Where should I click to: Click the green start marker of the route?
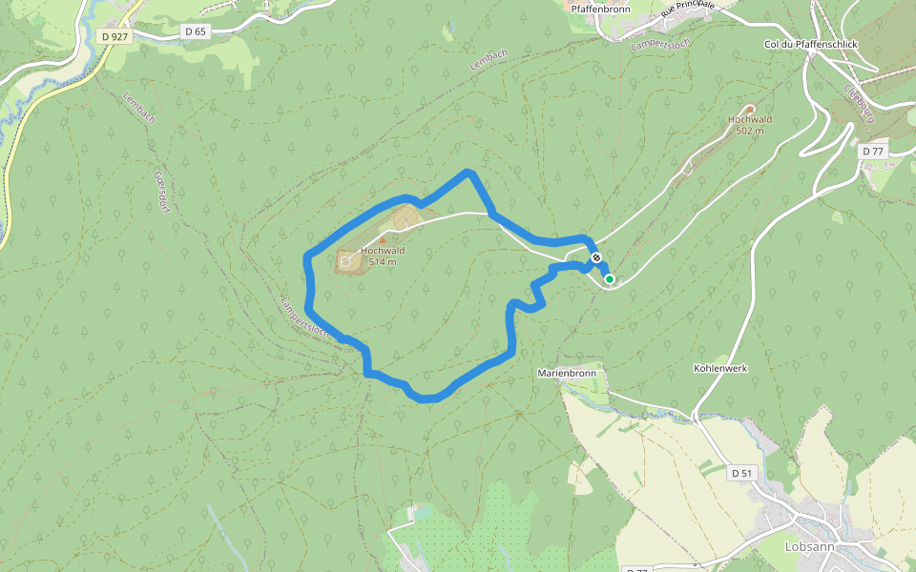pos(609,279)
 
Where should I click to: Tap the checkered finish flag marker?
pos(596,257)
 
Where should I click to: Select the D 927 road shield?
pos(114,36)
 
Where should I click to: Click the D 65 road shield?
pos(195,31)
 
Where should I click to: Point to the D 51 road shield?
pos(742,473)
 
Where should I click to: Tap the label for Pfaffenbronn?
pos(601,9)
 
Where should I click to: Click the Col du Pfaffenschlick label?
pos(811,45)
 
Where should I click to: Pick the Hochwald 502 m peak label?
pos(749,125)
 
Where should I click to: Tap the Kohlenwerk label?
pos(719,367)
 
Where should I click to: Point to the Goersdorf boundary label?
pos(160,191)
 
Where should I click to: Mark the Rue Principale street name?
pos(687,10)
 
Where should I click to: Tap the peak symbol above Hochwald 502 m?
pos(749,109)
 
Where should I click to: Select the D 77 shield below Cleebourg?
pos(872,151)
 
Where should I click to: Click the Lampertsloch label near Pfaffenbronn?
pos(659,44)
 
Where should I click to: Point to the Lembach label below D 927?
pos(139,108)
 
